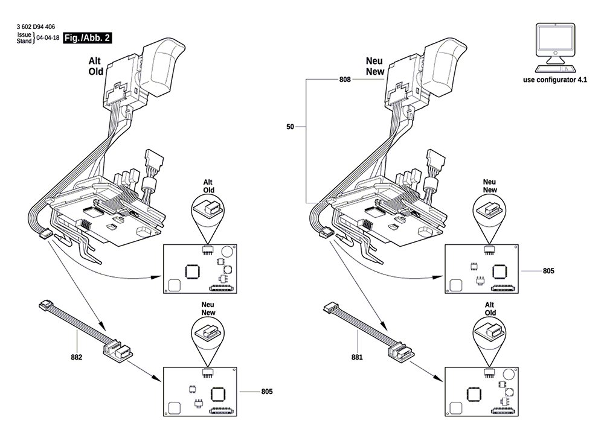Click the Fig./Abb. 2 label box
[x=87, y=37]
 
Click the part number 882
[x=76, y=357]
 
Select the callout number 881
[x=357, y=357]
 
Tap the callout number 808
[x=345, y=79]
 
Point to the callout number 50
[x=290, y=126]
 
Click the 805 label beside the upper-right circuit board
[x=548, y=271]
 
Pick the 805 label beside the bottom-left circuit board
[x=267, y=392]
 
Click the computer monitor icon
[x=555, y=48]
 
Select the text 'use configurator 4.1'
[x=555, y=80]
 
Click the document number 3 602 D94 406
[x=36, y=27]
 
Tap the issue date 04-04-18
[x=48, y=37]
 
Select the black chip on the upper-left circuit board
[x=192, y=271]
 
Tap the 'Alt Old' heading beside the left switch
[x=95, y=66]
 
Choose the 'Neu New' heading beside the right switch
[x=375, y=66]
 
